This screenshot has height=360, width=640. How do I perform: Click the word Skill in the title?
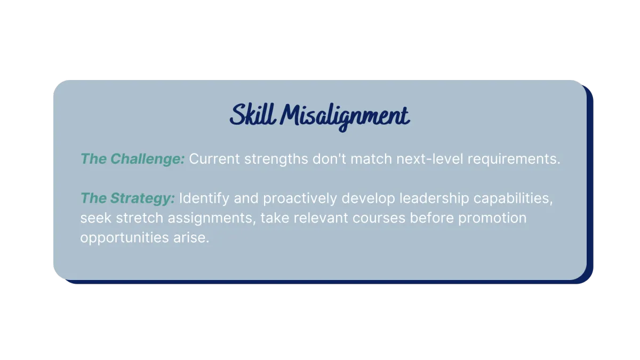point(253,114)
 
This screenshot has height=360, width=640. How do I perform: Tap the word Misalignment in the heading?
point(345,117)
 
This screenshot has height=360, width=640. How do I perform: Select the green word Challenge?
point(148,159)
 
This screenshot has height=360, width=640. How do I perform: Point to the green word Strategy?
point(142,198)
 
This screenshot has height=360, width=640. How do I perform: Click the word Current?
point(214,159)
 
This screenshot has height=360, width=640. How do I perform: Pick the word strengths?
point(276,159)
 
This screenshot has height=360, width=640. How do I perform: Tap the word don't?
point(329,158)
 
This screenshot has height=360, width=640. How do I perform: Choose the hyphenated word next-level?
point(430,158)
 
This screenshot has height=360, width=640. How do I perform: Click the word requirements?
point(514,159)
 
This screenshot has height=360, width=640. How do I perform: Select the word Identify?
point(204,198)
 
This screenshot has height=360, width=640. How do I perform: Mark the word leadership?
point(434,198)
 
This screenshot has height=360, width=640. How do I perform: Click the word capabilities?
point(513,198)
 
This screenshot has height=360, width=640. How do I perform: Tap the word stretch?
point(139,218)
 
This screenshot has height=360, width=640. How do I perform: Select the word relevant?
point(321,218)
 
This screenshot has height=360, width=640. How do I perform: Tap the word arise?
point(191,238)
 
